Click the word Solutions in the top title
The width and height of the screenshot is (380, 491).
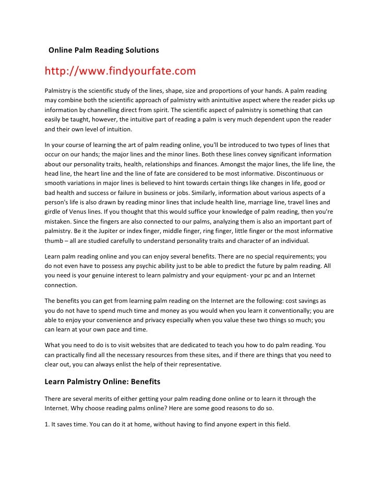(140, 51)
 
